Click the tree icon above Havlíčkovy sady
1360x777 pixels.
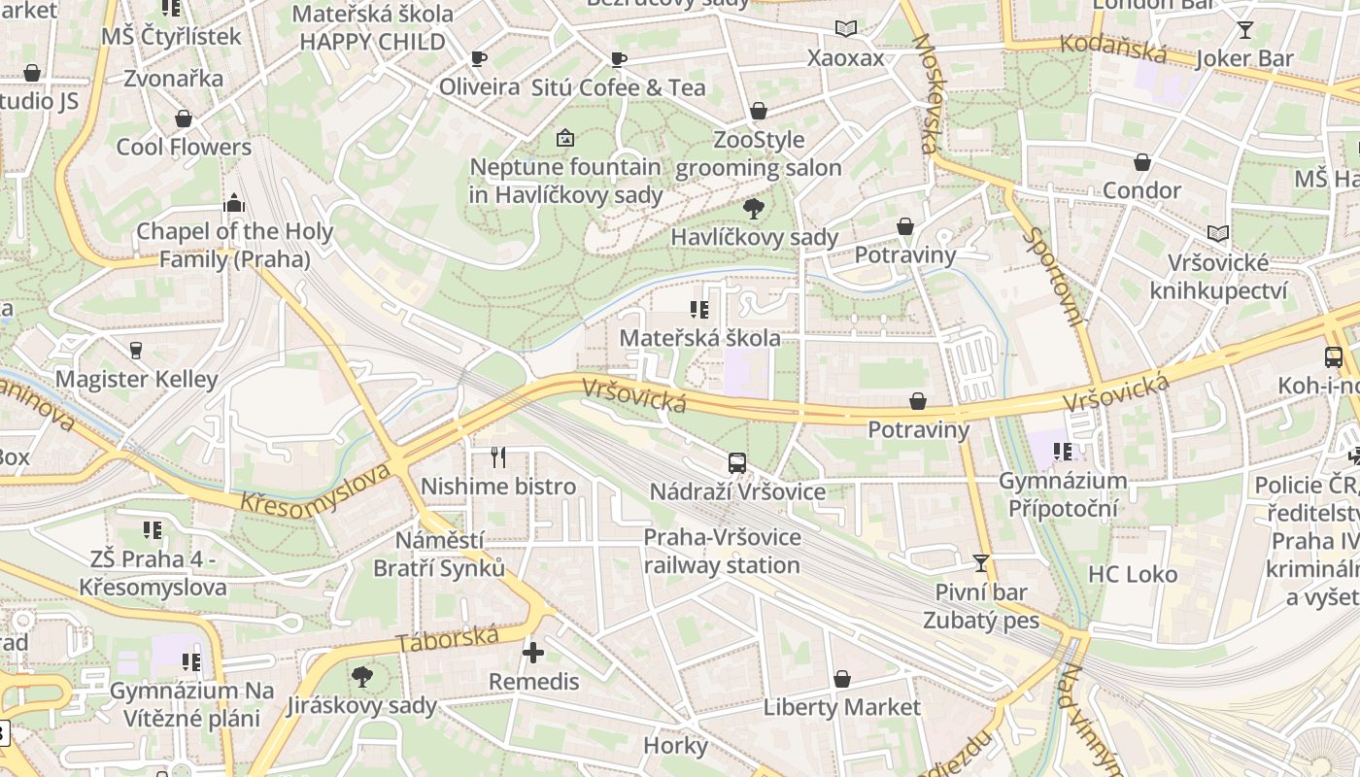[753, 208]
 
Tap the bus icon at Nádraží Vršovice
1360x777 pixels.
[737, 463]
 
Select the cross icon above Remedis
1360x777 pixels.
[533, 653]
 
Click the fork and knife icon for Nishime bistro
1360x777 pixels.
[498, 457]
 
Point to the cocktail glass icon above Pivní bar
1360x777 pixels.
[981, 562]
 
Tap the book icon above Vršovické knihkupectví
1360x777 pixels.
[1217, 233]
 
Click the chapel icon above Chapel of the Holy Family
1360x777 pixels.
[233, 203]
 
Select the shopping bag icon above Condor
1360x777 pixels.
[1142, 161]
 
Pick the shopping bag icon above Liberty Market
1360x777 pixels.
[841, 679]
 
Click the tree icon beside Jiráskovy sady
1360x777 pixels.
[361, 676]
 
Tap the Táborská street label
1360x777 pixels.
[448, 640]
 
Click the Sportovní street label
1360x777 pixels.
[1053, 276]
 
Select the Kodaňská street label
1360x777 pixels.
[1110, 49]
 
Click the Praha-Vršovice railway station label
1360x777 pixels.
[722, 551]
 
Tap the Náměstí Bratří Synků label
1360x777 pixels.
[440, 554]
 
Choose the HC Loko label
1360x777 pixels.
[1132, 574]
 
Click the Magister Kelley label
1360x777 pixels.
[136, 378]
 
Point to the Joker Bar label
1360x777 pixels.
[1244, 58]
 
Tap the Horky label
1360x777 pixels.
[675, 745]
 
